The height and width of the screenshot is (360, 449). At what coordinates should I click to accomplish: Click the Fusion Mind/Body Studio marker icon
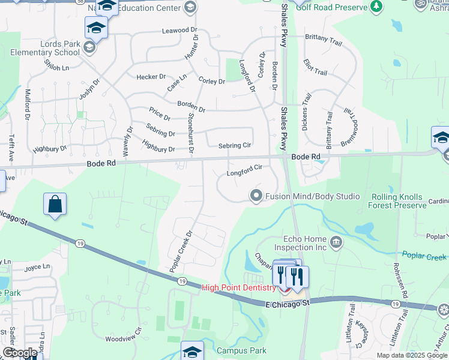coord(256,196)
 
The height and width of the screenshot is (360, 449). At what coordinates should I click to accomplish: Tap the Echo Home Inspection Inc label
coord(301,243)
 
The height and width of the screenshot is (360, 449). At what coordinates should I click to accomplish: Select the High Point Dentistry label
coord(238,287)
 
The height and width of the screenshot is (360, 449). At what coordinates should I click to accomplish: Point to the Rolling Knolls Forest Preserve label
coord(397,201)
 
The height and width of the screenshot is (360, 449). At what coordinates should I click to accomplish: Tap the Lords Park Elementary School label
coord(46,48)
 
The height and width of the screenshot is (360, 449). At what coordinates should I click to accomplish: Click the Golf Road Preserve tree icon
coord(376,6)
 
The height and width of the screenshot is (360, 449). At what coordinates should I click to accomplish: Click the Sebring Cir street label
coord(235,145)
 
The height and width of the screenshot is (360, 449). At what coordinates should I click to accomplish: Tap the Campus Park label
coord(241,350)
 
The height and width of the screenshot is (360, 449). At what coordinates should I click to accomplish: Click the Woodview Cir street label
coord(123,338)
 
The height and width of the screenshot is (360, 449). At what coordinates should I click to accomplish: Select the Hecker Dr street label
coord(151,77)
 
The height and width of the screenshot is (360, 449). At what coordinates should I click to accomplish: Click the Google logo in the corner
coord(19,353)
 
